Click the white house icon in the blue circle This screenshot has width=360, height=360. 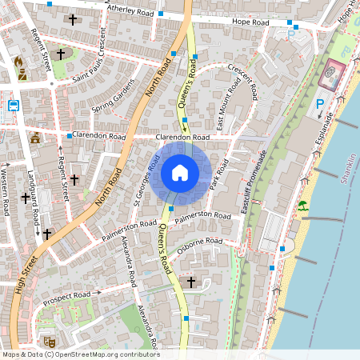click(180, 172)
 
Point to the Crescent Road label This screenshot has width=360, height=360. click(242, 81)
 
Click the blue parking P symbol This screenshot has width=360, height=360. click(320, 103)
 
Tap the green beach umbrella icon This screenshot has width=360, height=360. click(302, 206)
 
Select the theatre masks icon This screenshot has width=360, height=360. click(49, 341)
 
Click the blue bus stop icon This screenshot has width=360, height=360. click(14, 105)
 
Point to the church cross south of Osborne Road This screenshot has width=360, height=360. click(190, 282)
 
